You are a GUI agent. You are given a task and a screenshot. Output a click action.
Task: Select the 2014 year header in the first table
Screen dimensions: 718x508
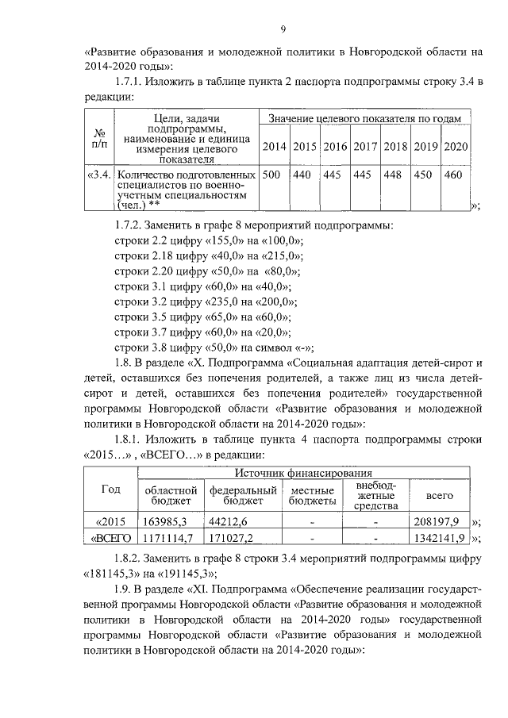(274, 148)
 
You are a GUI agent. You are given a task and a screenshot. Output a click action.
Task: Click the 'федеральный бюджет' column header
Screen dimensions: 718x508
(243, 496)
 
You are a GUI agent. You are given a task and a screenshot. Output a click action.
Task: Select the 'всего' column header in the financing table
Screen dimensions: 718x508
(440, 496)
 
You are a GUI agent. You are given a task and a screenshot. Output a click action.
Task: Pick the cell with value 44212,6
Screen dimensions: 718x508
(229, 522)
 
